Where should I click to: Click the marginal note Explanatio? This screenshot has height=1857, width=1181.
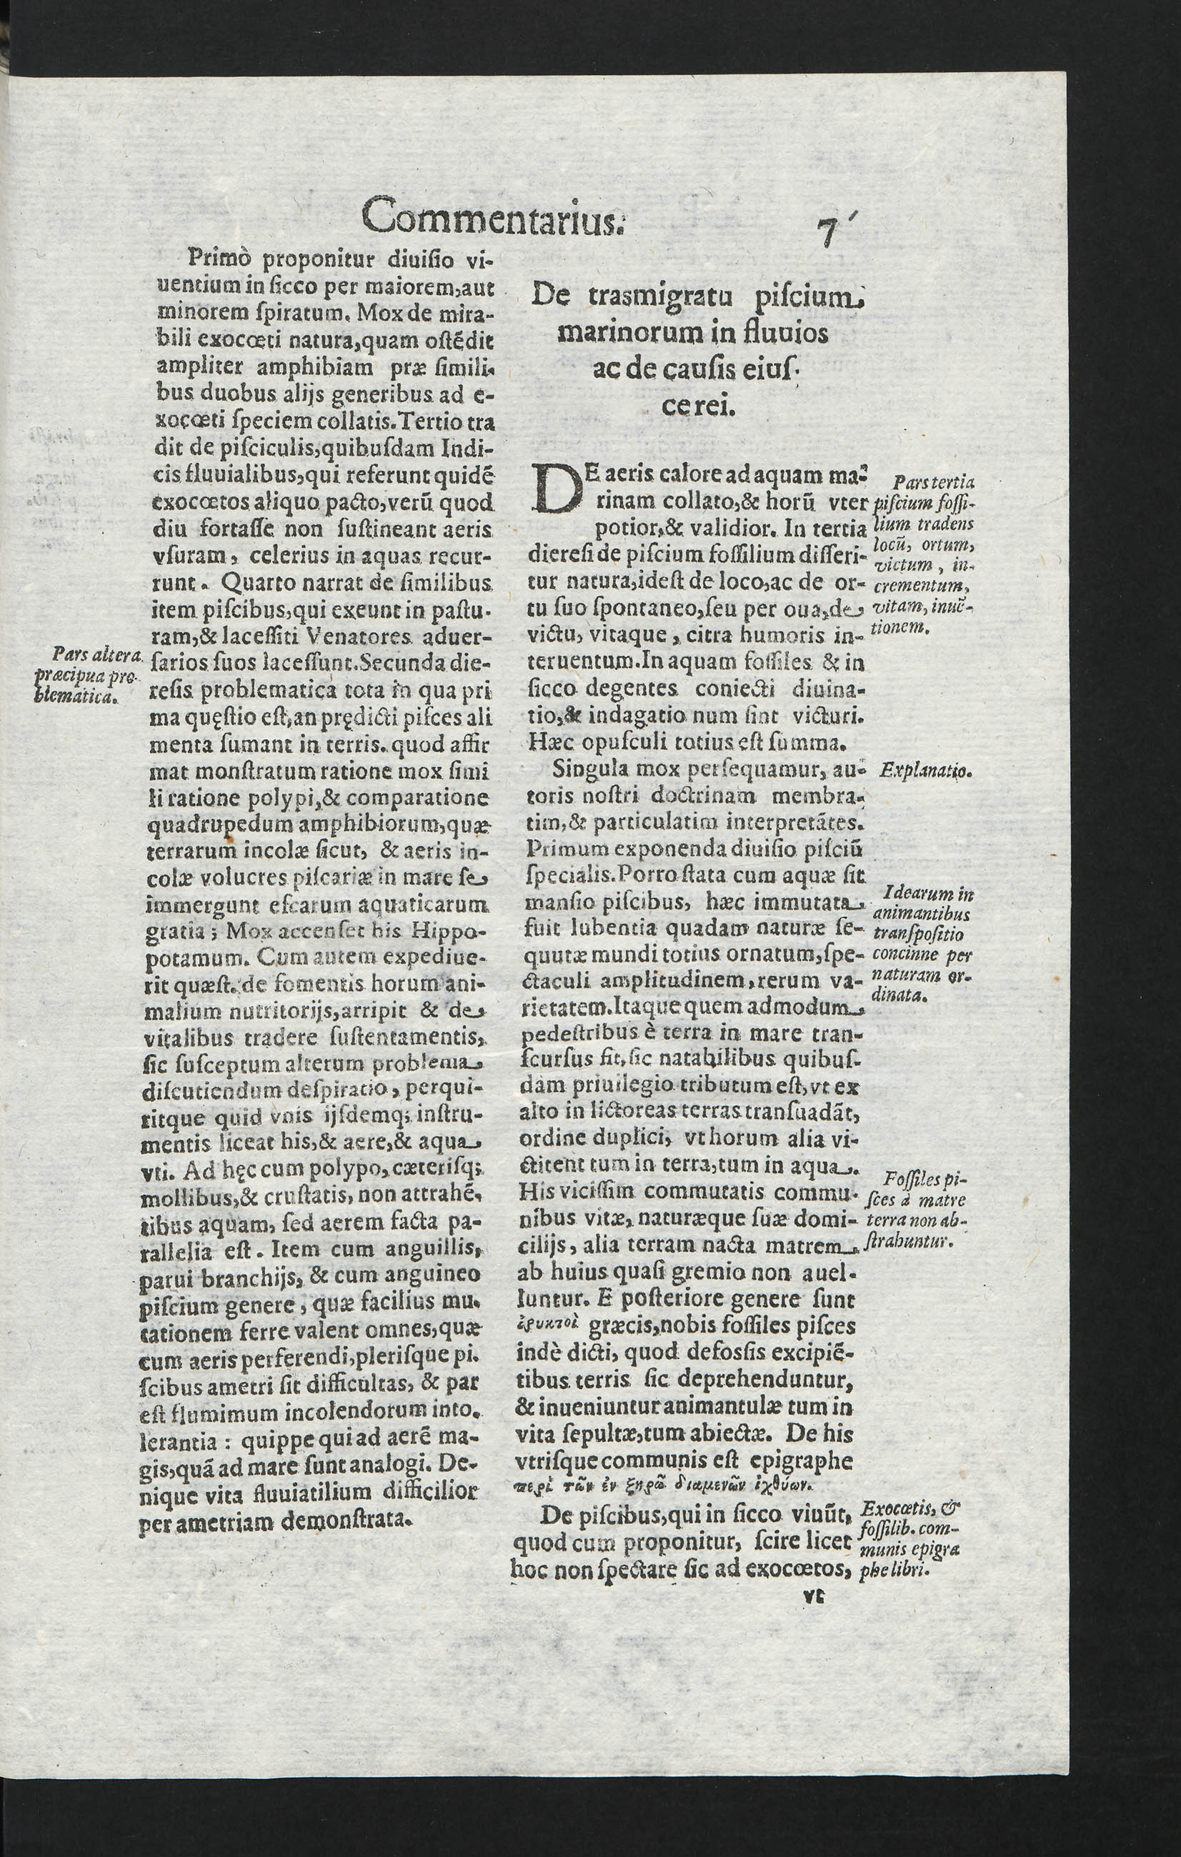[x=927, y=770]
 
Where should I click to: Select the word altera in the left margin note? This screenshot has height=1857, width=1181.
[x=116, y=655]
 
